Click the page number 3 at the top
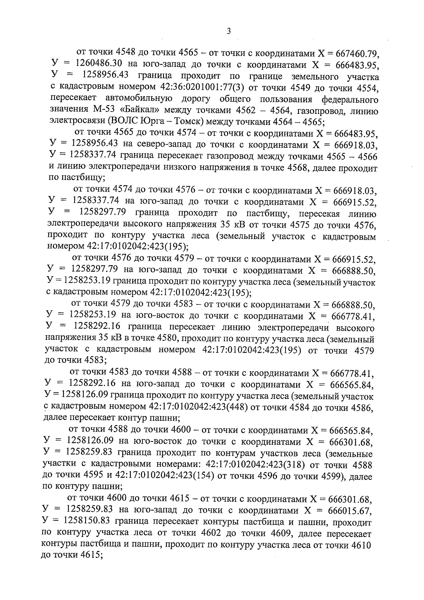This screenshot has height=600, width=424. [x=229, y=31]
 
